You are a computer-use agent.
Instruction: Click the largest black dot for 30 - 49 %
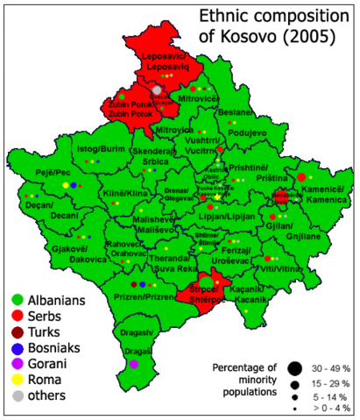293,367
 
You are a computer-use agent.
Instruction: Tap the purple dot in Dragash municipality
133,364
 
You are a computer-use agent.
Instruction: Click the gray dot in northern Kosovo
157,89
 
